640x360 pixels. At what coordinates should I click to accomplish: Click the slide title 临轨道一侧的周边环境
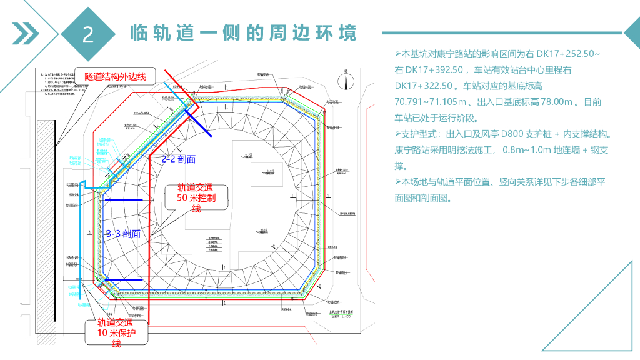click(244, 32)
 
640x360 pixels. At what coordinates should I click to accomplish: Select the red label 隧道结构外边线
click(116, 76)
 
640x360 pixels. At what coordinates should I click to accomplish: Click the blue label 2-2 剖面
click(178, 159)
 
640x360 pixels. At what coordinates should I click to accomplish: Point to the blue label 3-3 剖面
click(123, 234)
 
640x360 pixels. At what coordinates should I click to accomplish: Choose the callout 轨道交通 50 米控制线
click(196, 197)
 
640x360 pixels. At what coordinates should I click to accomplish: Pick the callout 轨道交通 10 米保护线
click(116, 333)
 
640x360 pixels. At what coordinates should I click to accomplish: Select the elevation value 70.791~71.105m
click(431, 102)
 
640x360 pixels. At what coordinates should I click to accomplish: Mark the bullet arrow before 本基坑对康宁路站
click(398, 54)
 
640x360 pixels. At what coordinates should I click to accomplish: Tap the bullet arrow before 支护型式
click(398, 134)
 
